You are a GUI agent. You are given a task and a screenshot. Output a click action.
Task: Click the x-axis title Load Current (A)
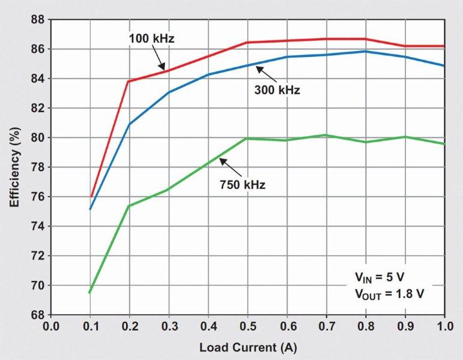[x=247, y=347]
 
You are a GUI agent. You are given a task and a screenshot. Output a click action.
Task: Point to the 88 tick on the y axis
[x=39, y=19]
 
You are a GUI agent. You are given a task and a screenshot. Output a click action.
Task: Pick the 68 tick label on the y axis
[x=39, y=315]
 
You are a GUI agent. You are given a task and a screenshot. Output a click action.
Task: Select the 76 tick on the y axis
[x=39, y=197]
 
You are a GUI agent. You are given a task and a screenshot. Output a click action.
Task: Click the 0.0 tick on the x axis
[x=51, y=328]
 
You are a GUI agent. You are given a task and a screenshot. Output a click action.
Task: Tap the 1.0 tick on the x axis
[x=444, y=328]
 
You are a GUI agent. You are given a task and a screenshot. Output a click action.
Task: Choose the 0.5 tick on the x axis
[x=247, y=328]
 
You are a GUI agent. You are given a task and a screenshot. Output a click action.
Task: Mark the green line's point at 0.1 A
[x=90, y=292]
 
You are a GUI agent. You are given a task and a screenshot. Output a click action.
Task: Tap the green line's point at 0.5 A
[x=247, y=138]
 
